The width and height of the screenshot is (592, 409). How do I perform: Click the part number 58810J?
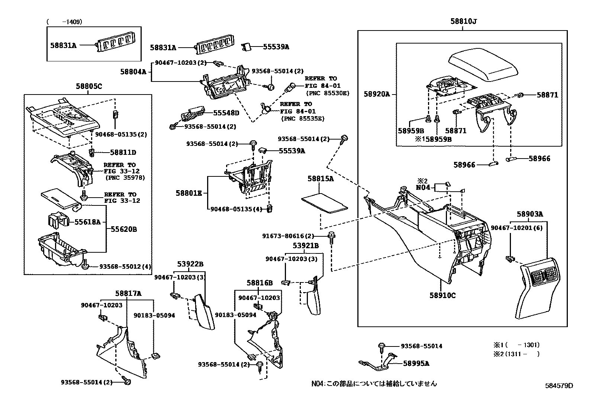[463, 21]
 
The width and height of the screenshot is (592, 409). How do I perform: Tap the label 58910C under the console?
[443, 295]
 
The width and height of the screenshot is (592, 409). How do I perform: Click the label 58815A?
[320, 179]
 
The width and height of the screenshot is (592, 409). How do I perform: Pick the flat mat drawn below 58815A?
[325, 203]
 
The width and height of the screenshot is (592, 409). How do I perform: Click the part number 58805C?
[89, 86]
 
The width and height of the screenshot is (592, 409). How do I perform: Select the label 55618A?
[87, 222]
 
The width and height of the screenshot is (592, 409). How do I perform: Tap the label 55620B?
[123, 229]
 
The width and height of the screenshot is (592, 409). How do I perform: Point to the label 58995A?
[416, 363]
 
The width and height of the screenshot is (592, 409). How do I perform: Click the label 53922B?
[190, 264]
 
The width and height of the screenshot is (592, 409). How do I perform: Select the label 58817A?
[128, 293]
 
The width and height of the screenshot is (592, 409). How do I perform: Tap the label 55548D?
[226, 112]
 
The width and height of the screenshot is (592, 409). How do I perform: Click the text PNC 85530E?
[327, 93]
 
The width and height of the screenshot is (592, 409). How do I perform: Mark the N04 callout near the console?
[422, 187]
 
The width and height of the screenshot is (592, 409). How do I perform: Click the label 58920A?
[376, 95]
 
